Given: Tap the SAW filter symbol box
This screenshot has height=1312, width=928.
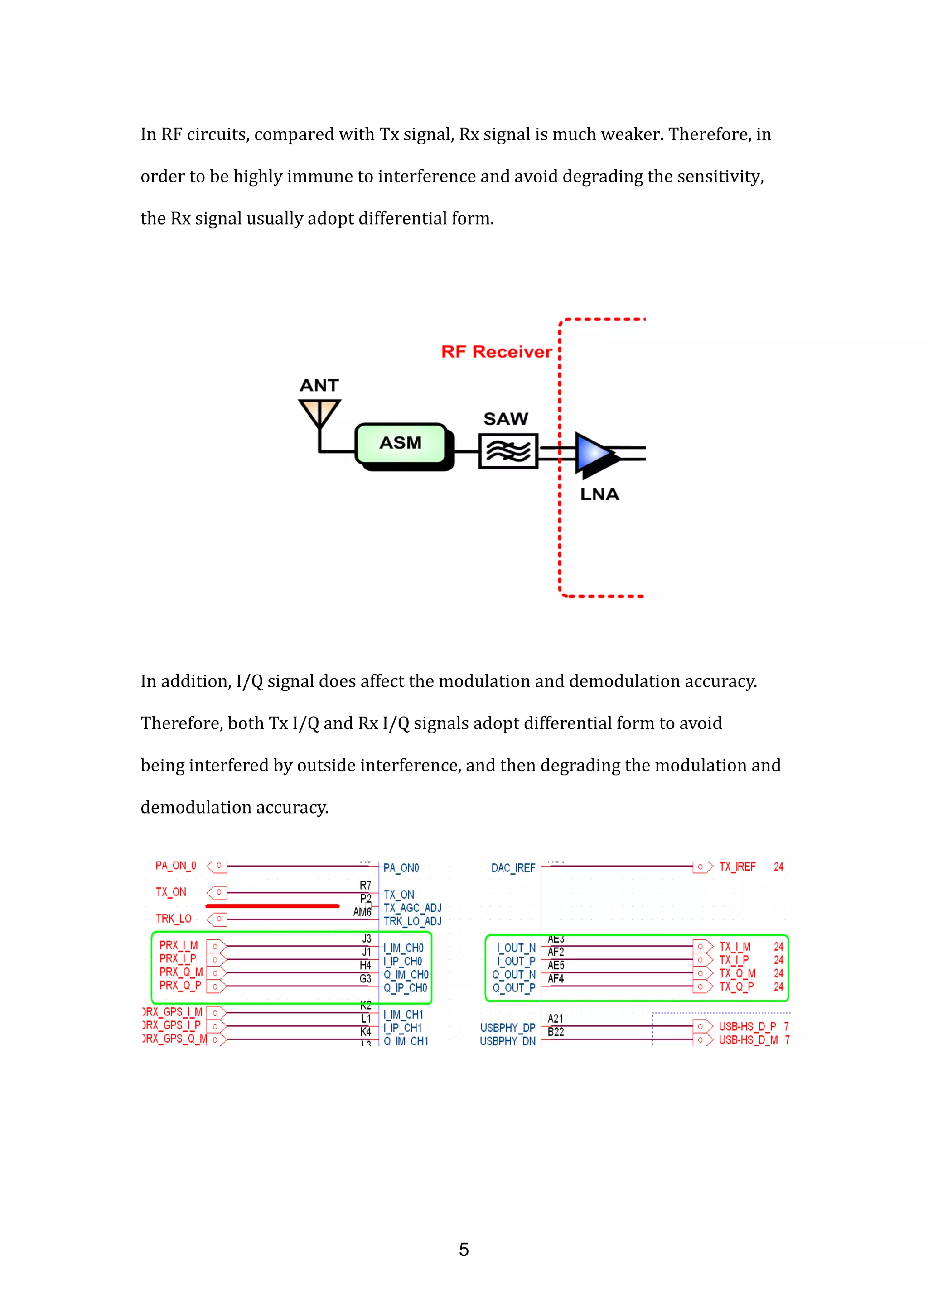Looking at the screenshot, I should pyautogui.click(x=508, y=451).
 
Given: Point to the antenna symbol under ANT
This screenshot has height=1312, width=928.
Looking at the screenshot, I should pyautogui.click(x=319, y=412).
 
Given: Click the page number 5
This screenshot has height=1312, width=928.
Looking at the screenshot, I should pyautogui.click(x=464, y=1249).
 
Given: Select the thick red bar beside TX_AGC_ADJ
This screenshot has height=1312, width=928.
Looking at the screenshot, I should pyautogui.click(x=272, y=906).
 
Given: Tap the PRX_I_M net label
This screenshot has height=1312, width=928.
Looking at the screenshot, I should pyautogui.click(x=179, y=946).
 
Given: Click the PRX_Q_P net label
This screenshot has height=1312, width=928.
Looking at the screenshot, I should pyautogui.click(x=180, y=985).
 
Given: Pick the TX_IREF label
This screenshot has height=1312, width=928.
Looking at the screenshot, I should pyautogui.click(x=737, y=867).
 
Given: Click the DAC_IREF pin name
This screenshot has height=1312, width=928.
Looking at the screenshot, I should pyautogui.click(x=513, y=868).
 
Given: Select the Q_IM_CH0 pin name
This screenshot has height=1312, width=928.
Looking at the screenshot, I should pyautogui.click(x=406, y=975).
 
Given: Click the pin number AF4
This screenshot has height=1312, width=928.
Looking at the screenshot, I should pyautogui.click(x=555, y=979).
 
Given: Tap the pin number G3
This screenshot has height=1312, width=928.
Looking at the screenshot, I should pyautogui.click(x=365, y=979).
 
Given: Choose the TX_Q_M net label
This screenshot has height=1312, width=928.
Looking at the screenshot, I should pyautogui.click(x=737, y=973).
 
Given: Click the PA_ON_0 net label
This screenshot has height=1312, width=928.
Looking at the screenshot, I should pyautogui.click(x=175, y=866).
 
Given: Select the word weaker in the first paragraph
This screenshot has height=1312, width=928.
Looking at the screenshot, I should pyautogui.click(x=633, y=134).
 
